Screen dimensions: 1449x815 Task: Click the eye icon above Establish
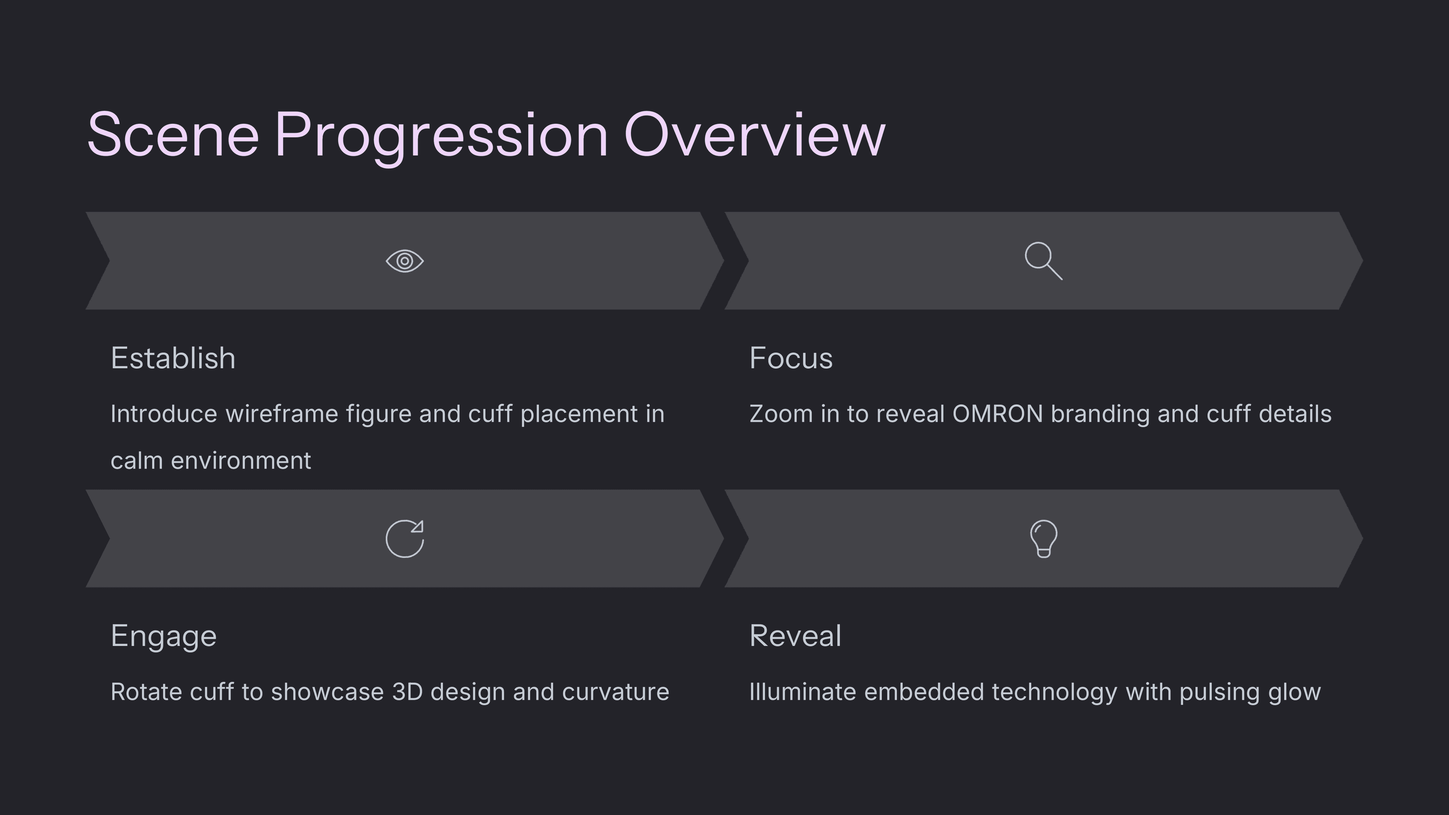tap(405, 261)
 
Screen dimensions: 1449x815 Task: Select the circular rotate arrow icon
tap(405, 539)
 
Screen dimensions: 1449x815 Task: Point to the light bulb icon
tap(1043, 539)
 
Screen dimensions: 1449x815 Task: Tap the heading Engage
tap(164, 637)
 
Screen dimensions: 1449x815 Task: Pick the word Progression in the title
tap(441, 138)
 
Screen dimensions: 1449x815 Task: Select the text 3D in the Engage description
tap(407, 692)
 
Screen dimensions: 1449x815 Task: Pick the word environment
tap(241, 461)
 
